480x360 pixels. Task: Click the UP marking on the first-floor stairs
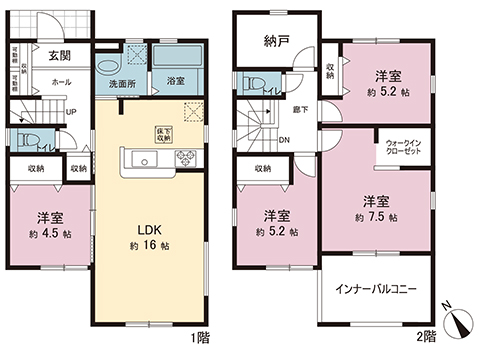tap(71, 112)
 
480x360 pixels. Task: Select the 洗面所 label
tap(123, 83)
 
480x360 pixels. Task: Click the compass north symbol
tap(459, 322)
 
